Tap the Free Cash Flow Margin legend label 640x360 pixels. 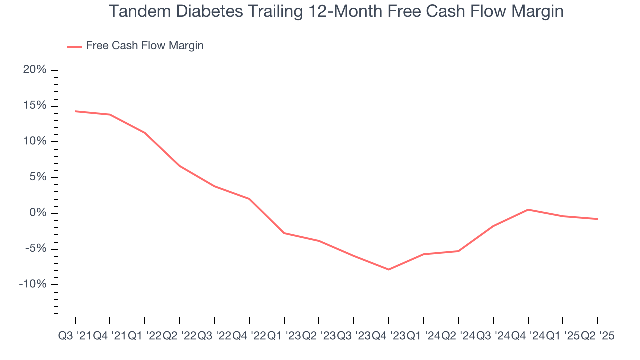145,46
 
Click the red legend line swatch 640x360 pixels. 74,46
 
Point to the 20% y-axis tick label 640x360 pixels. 35,70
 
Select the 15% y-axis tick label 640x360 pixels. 35,106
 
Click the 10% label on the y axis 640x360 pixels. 35,142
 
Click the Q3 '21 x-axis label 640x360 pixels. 75,336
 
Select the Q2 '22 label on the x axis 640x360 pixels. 179,336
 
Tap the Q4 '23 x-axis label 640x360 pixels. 388,336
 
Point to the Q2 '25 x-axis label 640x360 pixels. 597,336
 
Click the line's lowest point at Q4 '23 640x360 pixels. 389,269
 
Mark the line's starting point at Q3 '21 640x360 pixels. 75,111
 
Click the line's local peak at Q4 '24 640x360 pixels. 528,210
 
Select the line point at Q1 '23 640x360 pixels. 284,233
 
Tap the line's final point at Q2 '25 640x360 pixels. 598,219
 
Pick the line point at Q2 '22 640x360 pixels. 180,166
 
